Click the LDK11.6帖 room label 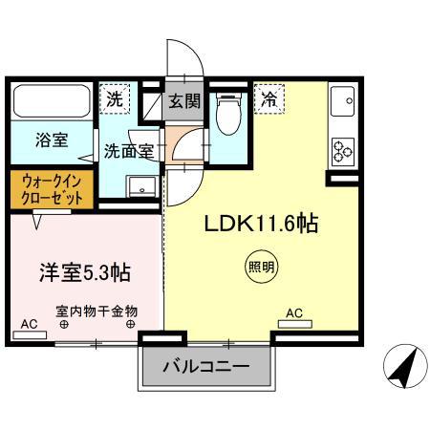pos(259,226)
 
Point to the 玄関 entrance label pos(183,99)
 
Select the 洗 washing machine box pos(115,98)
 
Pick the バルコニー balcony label pos(204,366)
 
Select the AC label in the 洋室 pos(29,325)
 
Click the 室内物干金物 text pos(97,311)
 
